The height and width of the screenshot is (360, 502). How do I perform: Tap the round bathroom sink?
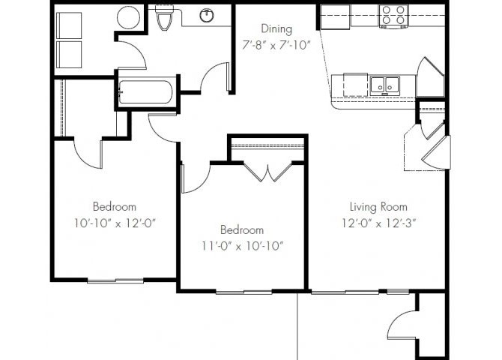coord(208,15)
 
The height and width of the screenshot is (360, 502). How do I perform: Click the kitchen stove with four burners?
coord(393,14)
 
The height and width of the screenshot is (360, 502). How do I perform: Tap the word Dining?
coord(276,28)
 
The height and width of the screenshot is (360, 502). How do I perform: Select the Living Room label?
coord(378,206)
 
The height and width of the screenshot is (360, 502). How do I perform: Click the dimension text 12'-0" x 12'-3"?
coord(378,222)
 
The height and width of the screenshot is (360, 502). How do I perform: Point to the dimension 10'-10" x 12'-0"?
coord(114,222)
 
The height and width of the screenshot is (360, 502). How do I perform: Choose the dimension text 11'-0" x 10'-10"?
coord(241,244)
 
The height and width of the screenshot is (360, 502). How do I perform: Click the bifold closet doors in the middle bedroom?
coord(267,172)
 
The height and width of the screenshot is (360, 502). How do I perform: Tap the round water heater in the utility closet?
coord(128,16)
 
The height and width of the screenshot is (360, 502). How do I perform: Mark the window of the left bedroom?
coord(115,280)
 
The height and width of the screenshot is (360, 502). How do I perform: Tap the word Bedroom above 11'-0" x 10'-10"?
coord(241,229)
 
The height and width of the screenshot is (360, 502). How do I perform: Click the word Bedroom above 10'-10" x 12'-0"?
coord(114,206)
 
